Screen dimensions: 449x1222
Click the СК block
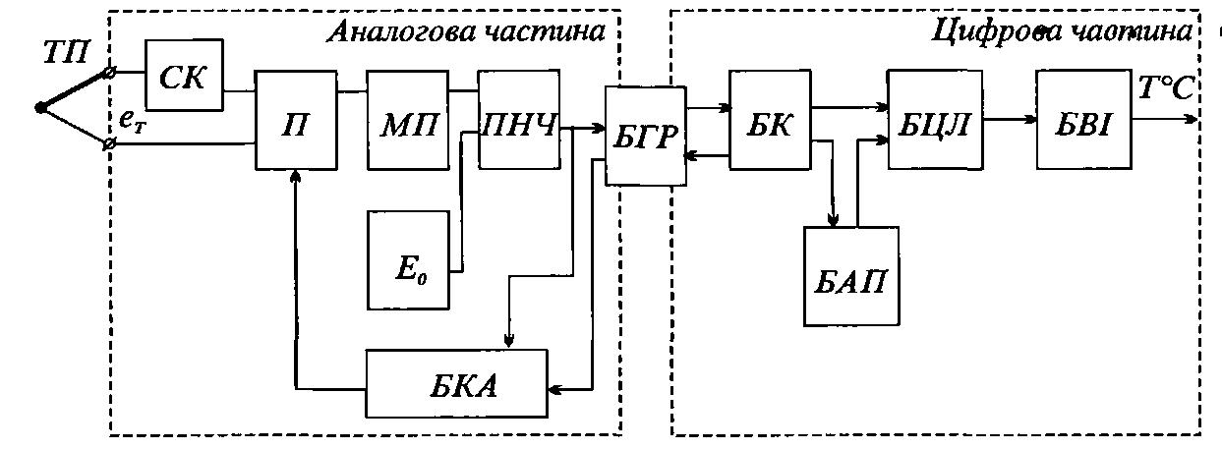click(x=184, y=75)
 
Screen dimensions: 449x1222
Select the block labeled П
click(x=296, y=120)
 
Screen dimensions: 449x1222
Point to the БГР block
click(x=645, y=136)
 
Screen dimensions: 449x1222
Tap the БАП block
click(x=851, y=276)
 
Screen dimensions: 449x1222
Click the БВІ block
click(x=1083, y=120)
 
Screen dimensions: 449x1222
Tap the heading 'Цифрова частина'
click(x=1062, y=31)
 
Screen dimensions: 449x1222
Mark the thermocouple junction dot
click(x=40, y=107)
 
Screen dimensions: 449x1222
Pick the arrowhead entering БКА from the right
click(x=554, y=390)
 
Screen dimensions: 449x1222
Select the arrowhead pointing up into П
click(x=296, y=176)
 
